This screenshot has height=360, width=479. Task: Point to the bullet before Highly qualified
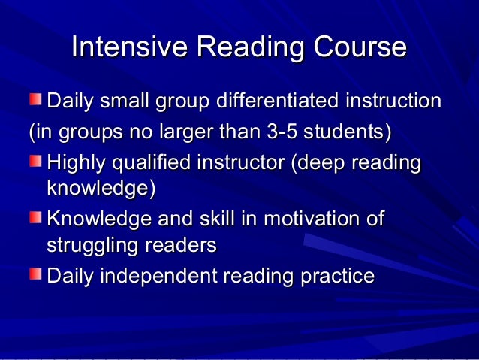(x=36, y=161)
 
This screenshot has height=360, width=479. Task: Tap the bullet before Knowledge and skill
(x=36, y=218)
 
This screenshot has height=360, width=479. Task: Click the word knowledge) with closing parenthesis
(x=101, y=189)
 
